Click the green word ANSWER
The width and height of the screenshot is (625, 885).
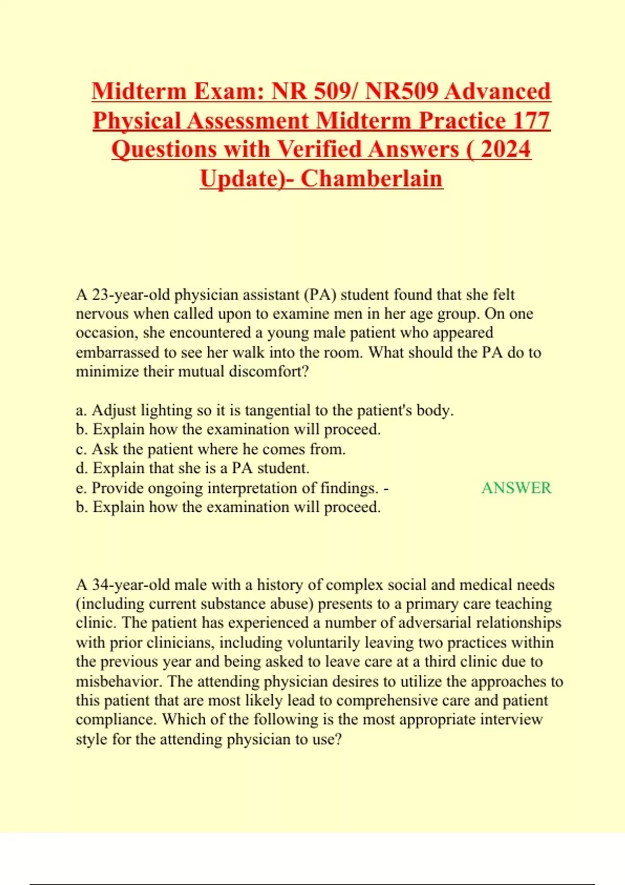pos(516,488)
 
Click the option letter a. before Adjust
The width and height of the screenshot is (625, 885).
pos(81,411)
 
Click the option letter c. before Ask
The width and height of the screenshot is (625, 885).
pos(81,449)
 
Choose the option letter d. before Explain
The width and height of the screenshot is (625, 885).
pos(82,468)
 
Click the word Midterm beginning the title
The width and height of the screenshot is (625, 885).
pos(139,91)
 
